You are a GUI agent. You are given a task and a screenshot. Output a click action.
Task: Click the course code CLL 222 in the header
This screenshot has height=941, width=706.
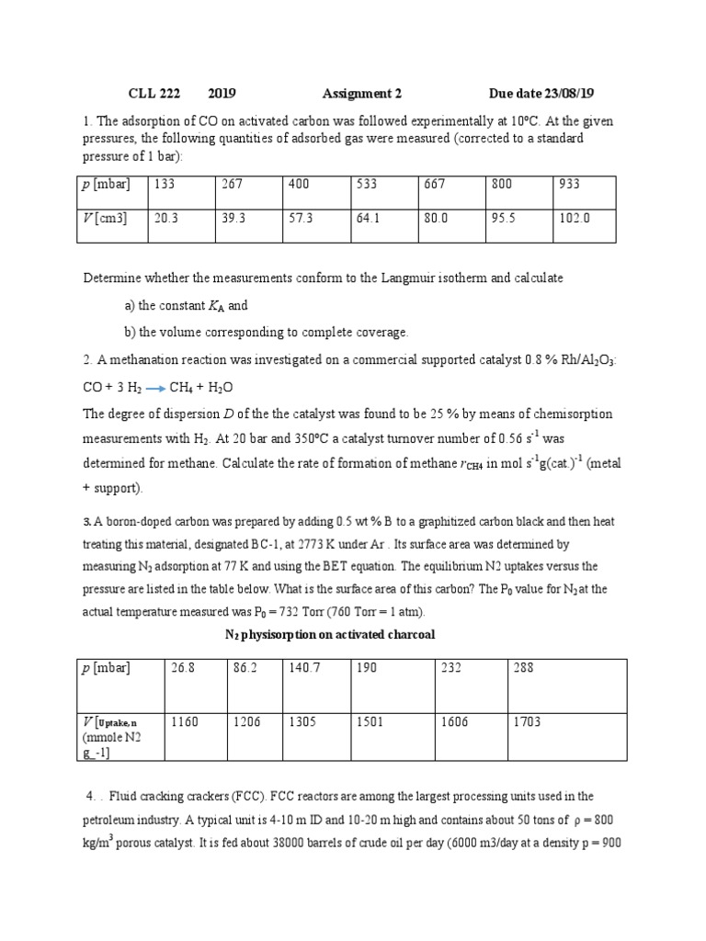click(x=154, y=94)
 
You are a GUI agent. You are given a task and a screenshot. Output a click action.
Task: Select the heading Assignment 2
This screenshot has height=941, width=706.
click(x=362, y=94)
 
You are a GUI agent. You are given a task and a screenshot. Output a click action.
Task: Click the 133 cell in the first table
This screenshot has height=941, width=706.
click(x=165, y=184)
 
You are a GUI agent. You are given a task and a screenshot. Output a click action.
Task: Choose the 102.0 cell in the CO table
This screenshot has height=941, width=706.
click(x=574, y=219)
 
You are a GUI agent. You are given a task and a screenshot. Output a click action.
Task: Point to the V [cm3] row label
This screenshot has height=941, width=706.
click(x=105, y=219)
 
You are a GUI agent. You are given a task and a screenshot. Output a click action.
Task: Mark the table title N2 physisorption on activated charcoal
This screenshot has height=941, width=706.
click(x=330, y=634)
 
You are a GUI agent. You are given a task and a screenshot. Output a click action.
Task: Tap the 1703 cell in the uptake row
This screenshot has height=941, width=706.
click(x=530, y=722)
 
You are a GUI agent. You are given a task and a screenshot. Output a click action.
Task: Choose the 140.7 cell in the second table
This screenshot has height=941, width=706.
click(x=304, y=668)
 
